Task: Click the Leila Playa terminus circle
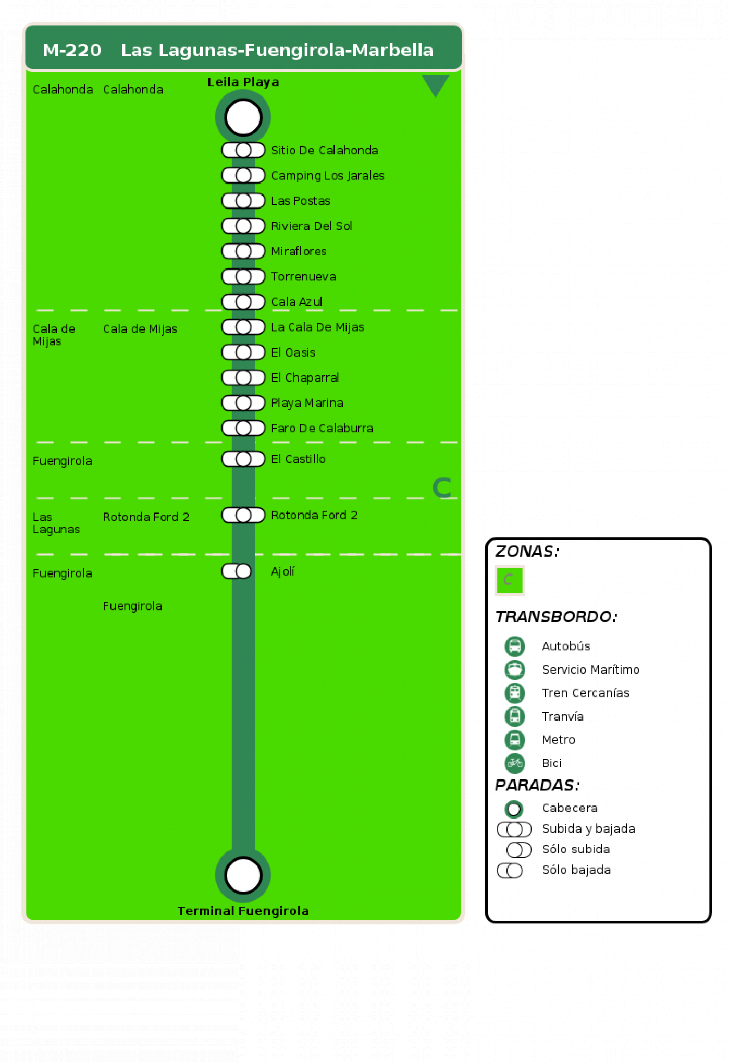(243, 117)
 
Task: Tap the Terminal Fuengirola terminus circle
(243, 875)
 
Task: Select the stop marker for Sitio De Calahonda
(243, 150)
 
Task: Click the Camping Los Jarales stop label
(328, 176)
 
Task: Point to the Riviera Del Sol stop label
(312, 226)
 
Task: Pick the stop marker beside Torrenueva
(243, 276)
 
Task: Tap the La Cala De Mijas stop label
(317, 327)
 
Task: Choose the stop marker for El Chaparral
(243, 377)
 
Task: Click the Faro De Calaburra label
(322, 428)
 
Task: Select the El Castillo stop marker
(243, 459)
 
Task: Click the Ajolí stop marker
(237, 571)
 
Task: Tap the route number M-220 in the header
(72, 50)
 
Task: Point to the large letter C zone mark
(441, 488)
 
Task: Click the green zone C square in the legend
(510, 580)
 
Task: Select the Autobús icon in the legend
(515, 646)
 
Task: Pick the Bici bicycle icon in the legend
(515, 763)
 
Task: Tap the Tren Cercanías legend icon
(515, 693)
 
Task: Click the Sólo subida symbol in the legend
(519, 850)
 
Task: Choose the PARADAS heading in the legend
(537, 785)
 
